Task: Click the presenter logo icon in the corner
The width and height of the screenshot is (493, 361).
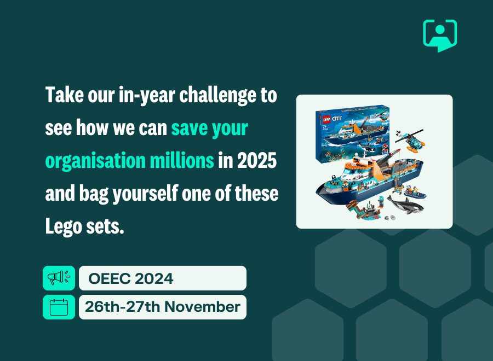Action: click(440, 35)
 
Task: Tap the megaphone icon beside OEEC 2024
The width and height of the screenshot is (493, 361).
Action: click(59, 278)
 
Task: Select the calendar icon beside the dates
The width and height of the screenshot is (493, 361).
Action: click(59, 307)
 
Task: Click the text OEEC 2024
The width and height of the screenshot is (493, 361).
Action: click(131, 278)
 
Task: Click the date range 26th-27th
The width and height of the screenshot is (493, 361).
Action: click(122, 307)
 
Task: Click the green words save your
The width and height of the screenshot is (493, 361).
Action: click(209, 129)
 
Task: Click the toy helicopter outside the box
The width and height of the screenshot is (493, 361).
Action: click(412, 140)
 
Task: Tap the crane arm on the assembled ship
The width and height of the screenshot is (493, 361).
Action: click(383, 164)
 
